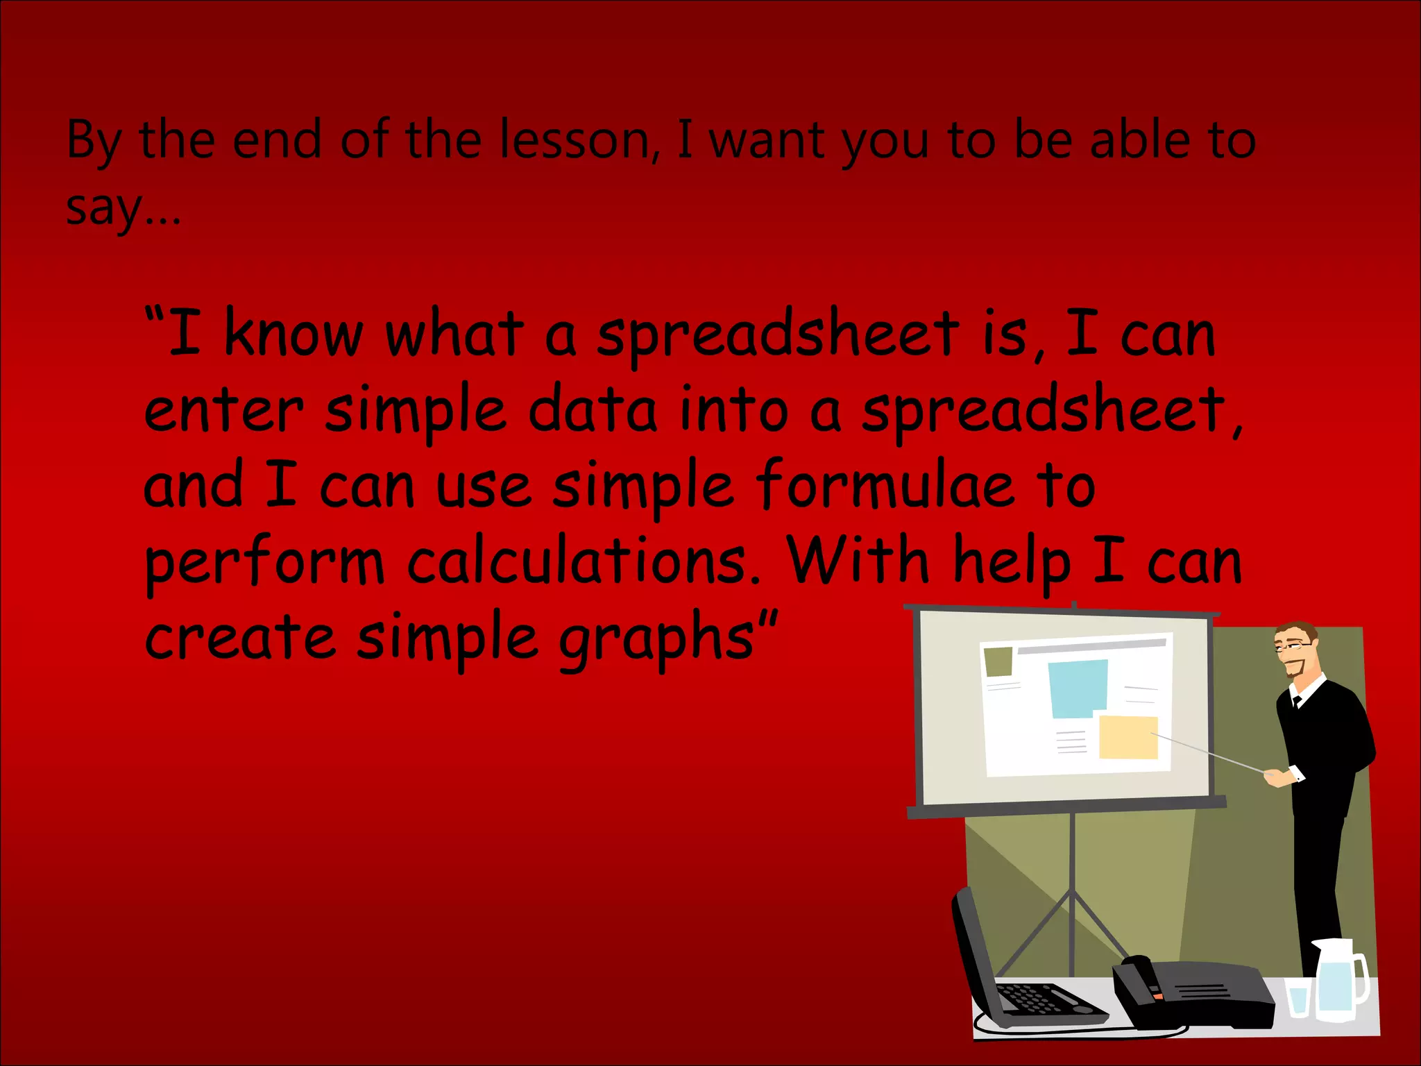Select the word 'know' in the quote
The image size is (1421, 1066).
tap(293, 335)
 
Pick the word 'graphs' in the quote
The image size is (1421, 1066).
tap(656, 638)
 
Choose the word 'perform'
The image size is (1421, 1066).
tap(264, 562)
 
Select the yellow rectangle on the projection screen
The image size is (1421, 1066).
tap(1128, 737)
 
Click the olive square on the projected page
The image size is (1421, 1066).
tap(998, 661)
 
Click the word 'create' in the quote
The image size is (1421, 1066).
tap(239, 638)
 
